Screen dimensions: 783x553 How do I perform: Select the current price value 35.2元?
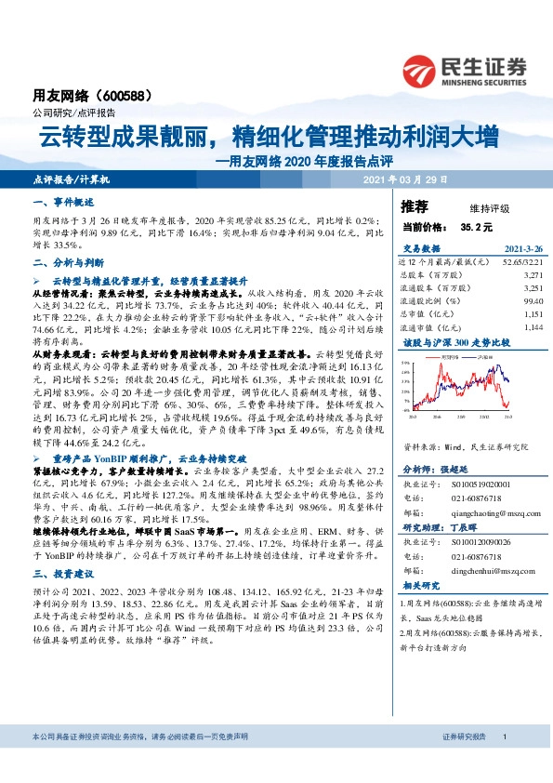click(x=474, y=226)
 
